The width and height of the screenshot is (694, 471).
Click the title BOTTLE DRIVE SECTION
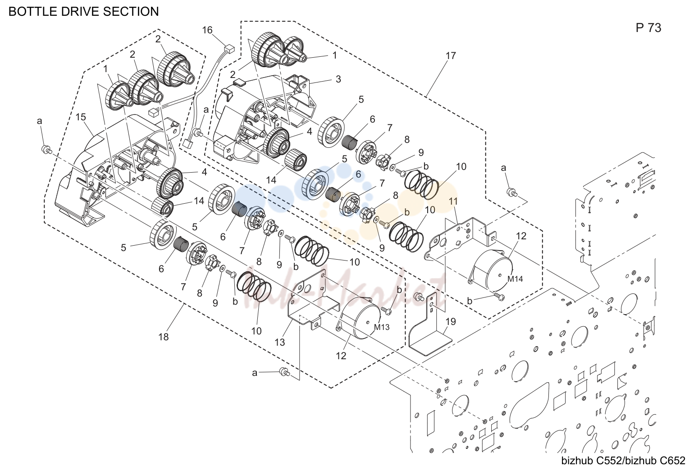pyautogui.click(x=84, y=11)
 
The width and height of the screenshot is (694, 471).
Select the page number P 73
pyautogui.click(x=648, y=28)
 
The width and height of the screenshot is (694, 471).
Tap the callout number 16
pyautogui.click(x=207, y=30)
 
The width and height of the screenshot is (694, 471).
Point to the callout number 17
pyautogui.click(x=451, y=56)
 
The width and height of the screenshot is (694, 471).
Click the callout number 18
pyautogui.click(x=163, y=337)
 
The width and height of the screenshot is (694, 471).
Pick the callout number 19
pyautogui.click(x=451, y=322)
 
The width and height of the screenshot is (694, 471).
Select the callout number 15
pyautogui.click(x=81, y=117)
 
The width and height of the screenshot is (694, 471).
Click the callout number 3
pyautogui.click(x=338, y=79)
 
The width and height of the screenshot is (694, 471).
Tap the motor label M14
pyautogui.click(x=515, y=279)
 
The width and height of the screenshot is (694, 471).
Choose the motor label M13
pyautogui.click(x=381, y=327)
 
